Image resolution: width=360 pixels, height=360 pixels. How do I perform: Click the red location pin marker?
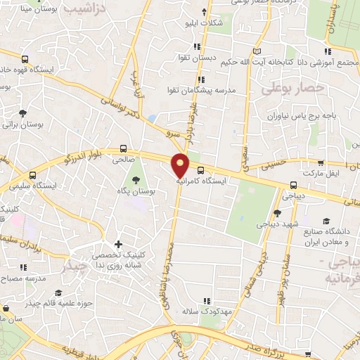[x=181, y=165]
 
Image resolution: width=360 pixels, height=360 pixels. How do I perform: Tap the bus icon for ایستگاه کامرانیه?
[x=200, y=170]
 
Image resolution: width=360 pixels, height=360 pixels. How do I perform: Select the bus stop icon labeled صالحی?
[x=124, y=149]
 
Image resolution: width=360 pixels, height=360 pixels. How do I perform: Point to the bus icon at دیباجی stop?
[x=293, y=186]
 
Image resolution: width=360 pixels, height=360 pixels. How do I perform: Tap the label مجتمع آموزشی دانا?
[x=323, y=61]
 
